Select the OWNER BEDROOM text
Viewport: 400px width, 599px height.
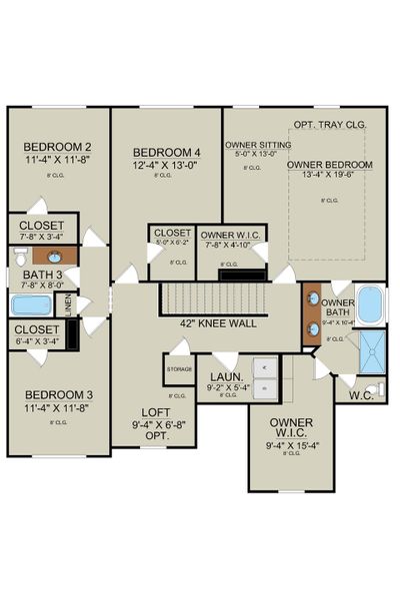[329, 165]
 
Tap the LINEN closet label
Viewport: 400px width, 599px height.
[68, 304]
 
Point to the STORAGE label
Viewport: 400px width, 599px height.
[180, 368]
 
